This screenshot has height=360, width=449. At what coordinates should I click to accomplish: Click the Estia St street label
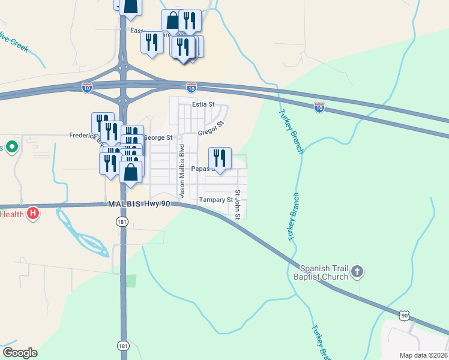(x=203, y=104)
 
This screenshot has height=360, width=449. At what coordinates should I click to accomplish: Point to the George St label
(x=158, y=137)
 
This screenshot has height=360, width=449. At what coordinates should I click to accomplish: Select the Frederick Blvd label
(x=84, y=136)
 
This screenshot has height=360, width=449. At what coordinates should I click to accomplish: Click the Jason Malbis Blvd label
(x=181, y=170)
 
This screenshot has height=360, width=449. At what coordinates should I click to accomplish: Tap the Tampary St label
(x=216, y=200)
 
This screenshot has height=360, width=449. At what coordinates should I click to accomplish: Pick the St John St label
(x=238, y=205)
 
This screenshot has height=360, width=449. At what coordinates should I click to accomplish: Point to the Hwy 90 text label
(x=157, y=204)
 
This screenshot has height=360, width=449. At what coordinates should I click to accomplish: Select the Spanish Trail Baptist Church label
(x=324, y=272)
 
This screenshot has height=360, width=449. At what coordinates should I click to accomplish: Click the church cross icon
(x=357, y=272)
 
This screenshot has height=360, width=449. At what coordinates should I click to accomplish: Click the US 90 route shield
(x=405, y=315)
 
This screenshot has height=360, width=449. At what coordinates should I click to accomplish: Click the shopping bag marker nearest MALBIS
(x=131, y=172)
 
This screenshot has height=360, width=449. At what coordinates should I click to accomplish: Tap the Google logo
(x=20, y=353)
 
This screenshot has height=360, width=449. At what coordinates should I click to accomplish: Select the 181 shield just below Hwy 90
(x=122, y=222)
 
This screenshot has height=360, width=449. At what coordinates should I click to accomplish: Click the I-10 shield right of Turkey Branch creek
(x=319, y=107)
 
